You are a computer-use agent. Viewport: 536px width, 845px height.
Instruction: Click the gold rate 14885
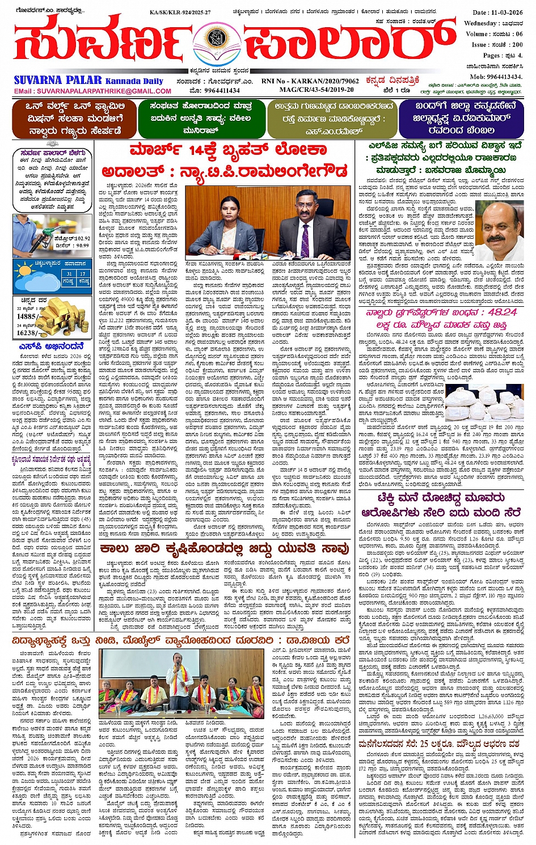pyautogui.click(x=27, y=316)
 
